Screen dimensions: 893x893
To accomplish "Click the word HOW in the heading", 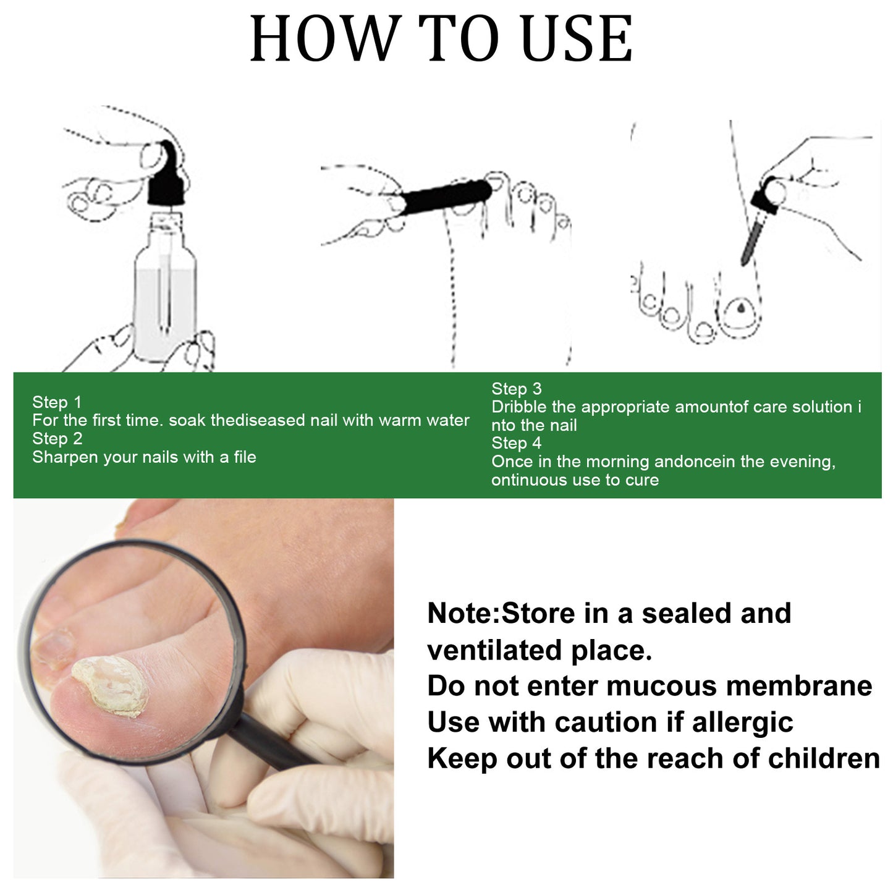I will click(322, 39).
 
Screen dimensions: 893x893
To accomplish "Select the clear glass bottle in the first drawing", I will click(165, 290).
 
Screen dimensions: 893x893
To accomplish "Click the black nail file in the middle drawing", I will click(445, 196).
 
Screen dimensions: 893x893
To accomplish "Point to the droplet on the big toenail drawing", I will click(740, 307).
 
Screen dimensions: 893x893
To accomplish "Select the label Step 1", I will click(57, 402).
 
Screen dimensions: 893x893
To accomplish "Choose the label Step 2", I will click(57, 439).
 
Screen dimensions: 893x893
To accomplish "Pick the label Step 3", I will click(516, 389).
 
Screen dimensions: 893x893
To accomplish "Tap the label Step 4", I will click(516, 443).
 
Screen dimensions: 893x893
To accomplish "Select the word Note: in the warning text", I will click(463, 614).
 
